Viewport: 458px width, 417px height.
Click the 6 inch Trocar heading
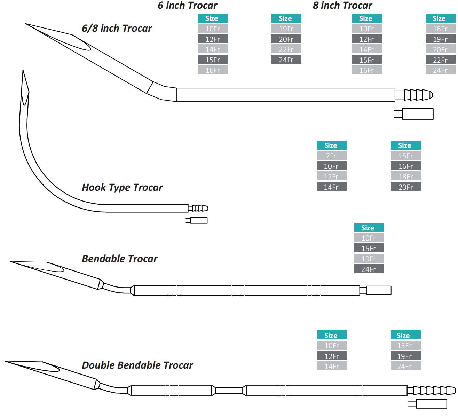(x=187, y=6)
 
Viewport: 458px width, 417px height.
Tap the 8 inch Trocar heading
(x=342, y=6)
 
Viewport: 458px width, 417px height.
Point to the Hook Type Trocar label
(x=122, y=187)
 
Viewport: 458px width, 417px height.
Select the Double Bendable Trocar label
(x=137, y=365)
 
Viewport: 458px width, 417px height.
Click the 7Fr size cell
(x=331, y=156)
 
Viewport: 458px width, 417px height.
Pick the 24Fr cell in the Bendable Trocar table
(x=369, y=269)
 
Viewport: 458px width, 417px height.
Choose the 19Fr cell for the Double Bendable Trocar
(x=405, y=356)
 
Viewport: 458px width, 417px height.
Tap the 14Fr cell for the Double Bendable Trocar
(x=332, y=366)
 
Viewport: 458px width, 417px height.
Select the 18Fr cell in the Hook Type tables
(x=405, y=176)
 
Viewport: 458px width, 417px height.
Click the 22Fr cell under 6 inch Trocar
(x=286, y=49)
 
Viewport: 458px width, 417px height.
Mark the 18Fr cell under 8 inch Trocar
(x=440, y=29)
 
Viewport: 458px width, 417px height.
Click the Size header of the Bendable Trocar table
(x=369, y=228)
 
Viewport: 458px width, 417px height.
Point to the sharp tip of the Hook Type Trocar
(x=23, y=71)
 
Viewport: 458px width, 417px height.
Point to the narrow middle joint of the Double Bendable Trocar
(x=229, y=391)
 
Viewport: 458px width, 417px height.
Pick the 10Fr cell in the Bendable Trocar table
(x=369, y=238)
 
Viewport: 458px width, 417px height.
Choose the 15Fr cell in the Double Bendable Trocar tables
(x=405, y=345)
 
